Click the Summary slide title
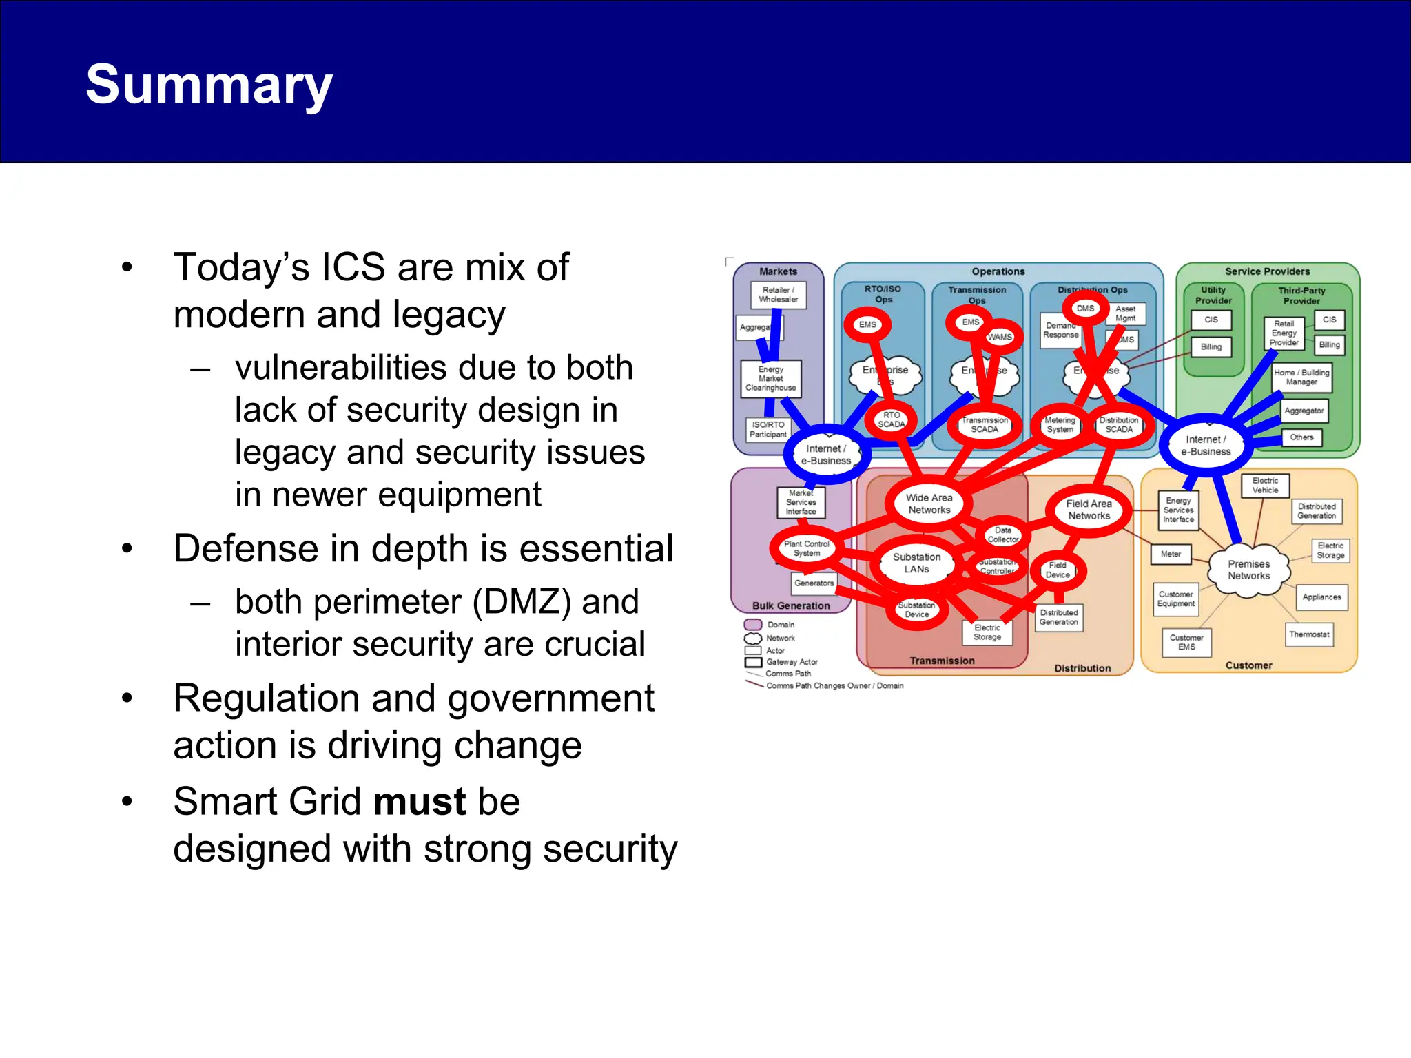click(x=209, y=84)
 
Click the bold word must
click(x=420, y=802)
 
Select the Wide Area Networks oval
click(x=929, y=504)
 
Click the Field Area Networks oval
click(x=1089, y=510)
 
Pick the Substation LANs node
click(x=916, y=563)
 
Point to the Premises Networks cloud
click(x=1248, y=570)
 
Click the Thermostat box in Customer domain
click(x=1309, y=634)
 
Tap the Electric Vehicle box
click(x=1265, y=486)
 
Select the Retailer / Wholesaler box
click(x=778, y=295)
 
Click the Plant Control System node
click(x=806, y=548)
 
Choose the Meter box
click(x=1171, y=554)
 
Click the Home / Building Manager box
click(x=1301, y=377)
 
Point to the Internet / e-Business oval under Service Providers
click(x=1206, y=446)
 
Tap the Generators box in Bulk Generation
click(x=814, y=583)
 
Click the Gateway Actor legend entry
click(x=792, y=662)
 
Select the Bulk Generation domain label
click(x=791, y=606)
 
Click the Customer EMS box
click(x=1186, y=642)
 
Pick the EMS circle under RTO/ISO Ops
click(x=867, y=324)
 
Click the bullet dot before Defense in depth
click(x=127, y=549)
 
